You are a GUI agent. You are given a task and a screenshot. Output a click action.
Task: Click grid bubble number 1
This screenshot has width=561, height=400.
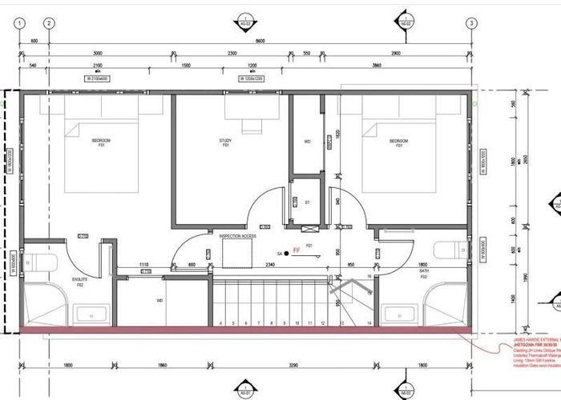[x=18, y=23]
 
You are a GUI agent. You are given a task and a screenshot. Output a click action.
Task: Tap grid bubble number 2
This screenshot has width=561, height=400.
[x=49, y=23]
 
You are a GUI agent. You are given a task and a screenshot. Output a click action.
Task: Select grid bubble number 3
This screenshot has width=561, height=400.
[x=470, y=23]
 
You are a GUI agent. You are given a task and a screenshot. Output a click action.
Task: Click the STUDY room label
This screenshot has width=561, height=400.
[x=225, y=143]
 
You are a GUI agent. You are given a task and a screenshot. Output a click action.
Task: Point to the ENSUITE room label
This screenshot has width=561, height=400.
[x=79, y=279]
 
